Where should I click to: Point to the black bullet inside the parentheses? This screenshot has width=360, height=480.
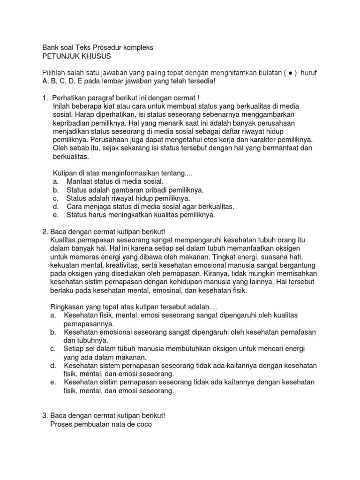coord(292,73)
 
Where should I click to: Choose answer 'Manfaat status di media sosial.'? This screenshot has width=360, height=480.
coord(115,181)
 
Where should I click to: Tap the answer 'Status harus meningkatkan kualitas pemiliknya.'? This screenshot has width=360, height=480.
coord(141,215)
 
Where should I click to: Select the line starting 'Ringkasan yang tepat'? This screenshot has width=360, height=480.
coord(127,307)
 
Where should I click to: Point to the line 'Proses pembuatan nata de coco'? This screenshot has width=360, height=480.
coord(101,425)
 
